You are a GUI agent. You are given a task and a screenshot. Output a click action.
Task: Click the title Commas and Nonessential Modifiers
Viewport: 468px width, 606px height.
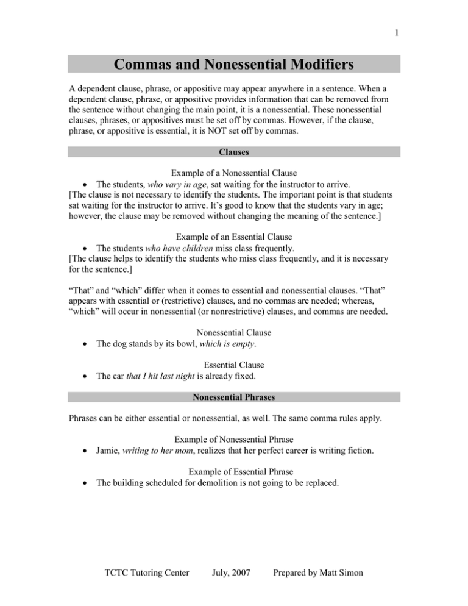pos(233,64)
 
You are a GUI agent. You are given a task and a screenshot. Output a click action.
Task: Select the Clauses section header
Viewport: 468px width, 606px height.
pos(233,151)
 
